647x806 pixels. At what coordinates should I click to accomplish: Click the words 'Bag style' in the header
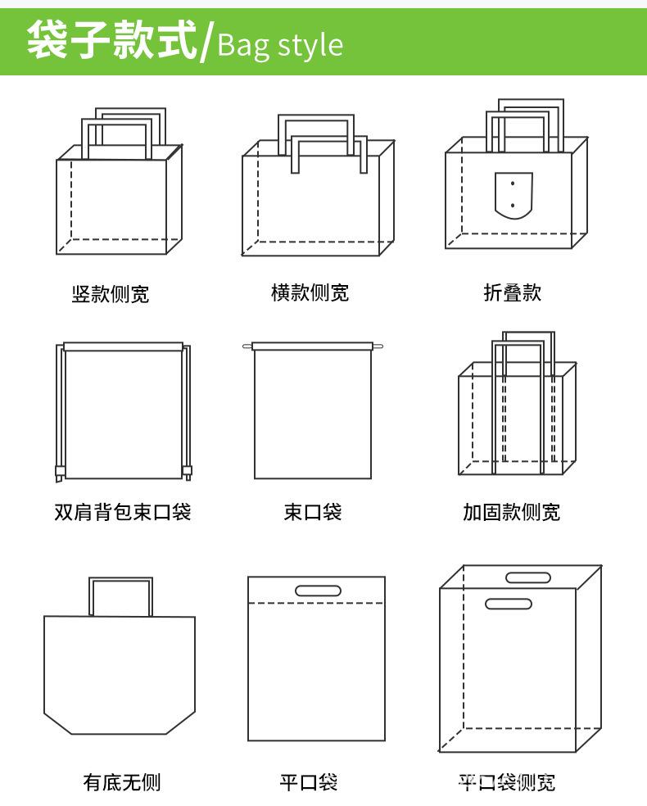pyautogui.click(x=280, y=44)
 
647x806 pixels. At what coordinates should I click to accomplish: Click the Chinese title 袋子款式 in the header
pyautogui.click(x=112, y=41)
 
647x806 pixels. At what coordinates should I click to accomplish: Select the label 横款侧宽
pyautogui.click(x=310, y=292)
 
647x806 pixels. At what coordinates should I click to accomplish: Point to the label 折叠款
pyautogui.click(x=513, y=292)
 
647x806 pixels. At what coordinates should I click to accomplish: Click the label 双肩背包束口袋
pyautogui.click(x=123, y=513)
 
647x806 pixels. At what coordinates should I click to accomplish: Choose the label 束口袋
pyautogui.click(x=312, y=513)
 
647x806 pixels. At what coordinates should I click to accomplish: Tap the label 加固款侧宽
pyautogui.click(x=511, y=513)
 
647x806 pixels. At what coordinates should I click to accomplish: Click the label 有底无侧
pyautogui.click(x=122, y=782)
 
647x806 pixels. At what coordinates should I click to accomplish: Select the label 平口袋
pyautogui.click(x=309, y=782)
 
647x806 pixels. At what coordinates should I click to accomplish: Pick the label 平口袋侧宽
pyautogui.click(x=506, y=782)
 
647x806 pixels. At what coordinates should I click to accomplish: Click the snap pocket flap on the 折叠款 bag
pyautogui.click(x=514, y=195)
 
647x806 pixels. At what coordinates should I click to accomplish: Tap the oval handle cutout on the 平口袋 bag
pyautogui.click(x=318, y=591)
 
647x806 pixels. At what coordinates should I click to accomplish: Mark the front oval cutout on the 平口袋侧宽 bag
pyautogui.click(x=509, y=604)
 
